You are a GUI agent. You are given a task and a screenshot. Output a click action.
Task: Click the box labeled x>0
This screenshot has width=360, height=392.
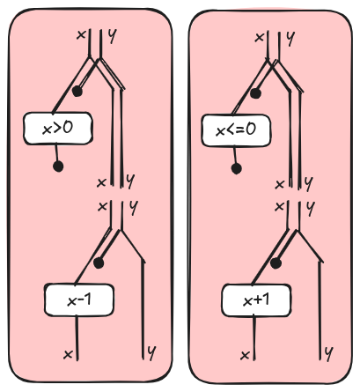(58, 129)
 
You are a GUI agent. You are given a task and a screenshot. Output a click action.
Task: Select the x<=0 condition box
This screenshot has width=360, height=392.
(236, 130)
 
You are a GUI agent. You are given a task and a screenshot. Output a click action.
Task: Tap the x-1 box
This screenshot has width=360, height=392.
(79, 300)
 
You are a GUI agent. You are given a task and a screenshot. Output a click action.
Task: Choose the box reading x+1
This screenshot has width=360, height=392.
(256, 300)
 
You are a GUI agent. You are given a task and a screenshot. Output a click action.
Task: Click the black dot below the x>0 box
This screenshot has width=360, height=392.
(58, 166)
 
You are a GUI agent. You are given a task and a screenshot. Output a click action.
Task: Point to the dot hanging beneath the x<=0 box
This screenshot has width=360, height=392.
(236, 169)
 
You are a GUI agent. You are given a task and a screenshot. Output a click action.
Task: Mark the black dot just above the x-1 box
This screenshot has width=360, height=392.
(99, 263)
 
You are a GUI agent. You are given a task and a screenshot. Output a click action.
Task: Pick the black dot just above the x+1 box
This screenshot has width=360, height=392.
(276, 263)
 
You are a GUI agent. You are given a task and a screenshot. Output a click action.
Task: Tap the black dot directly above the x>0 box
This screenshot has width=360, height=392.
(77, 92)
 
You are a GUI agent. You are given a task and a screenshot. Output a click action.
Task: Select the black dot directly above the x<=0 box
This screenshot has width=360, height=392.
(255, 93)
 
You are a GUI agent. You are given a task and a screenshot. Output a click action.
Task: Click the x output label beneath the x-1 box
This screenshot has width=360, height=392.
(68, 355)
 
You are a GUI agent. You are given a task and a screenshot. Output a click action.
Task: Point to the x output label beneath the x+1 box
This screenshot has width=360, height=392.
(245, 356)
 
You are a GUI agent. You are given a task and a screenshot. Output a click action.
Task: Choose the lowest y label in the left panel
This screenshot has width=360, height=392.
(151, 352)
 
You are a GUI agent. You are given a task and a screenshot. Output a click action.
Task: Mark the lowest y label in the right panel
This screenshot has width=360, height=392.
(329, 353)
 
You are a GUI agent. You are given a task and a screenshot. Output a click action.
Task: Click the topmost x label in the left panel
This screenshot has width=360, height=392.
(81, 35)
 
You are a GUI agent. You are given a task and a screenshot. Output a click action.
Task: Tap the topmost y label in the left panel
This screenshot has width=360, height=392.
(112, 36)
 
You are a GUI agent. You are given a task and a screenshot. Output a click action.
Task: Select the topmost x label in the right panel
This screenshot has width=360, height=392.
(259, 38)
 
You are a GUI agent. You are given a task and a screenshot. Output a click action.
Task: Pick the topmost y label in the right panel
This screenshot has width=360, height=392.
(290, 39)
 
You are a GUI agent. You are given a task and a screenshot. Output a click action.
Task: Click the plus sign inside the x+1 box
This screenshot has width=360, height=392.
(257, 300)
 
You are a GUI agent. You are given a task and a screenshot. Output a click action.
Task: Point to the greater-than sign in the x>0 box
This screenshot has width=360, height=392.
(57, 129)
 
